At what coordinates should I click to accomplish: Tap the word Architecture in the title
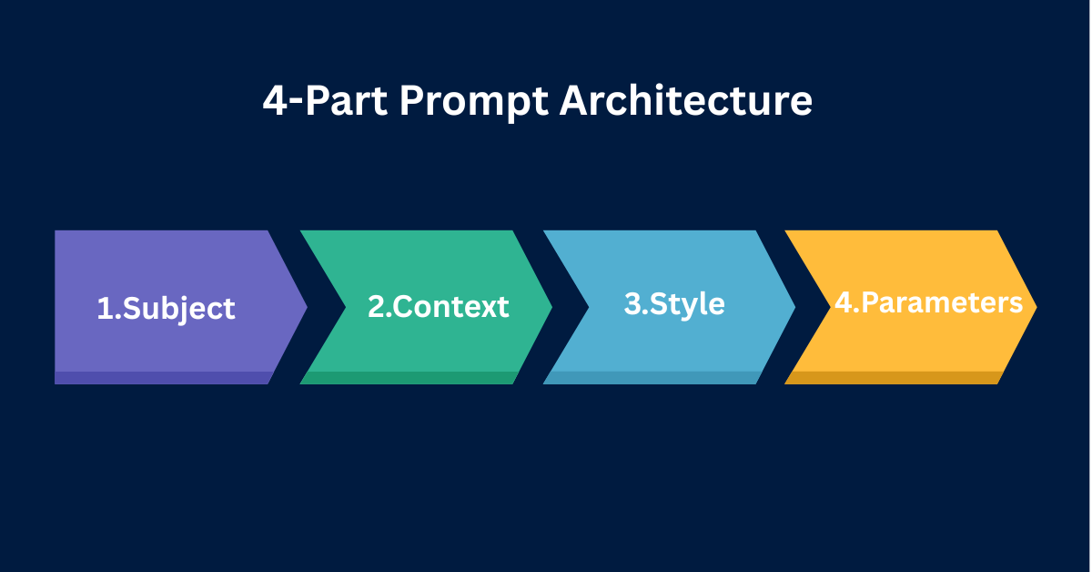click(x=686, y=100)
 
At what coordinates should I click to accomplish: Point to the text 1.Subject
click(x=166, y=308)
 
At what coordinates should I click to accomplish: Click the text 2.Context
click(x=438, y=307)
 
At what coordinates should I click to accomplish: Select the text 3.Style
click(x=674, y=303)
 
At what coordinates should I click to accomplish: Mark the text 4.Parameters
click(x=929, y=303)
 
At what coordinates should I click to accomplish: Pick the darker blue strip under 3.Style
click(x=650, y=378)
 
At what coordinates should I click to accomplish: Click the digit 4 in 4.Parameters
click(x=843, y=303)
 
